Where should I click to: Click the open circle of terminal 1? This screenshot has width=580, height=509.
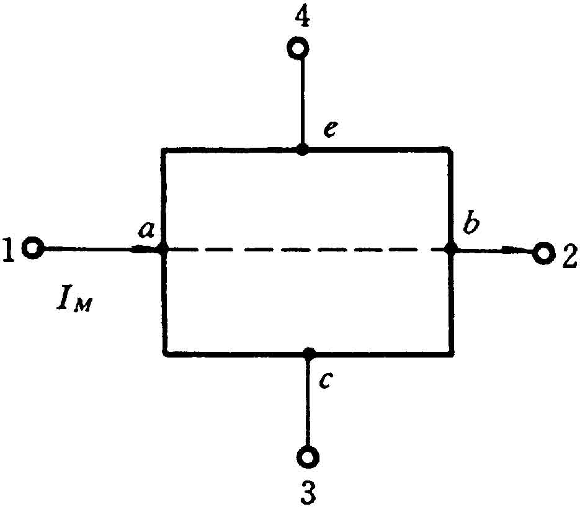tap(33, 248)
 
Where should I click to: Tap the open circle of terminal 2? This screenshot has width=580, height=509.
tap(544, 253)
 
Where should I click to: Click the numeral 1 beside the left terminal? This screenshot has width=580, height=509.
tap(9, 250)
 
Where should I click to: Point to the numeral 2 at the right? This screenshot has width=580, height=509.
tap(569, 255)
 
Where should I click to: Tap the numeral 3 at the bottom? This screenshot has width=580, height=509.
tap(308, 492)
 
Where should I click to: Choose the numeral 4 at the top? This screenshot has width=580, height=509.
tap(303, 16)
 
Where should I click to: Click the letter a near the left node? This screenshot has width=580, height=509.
tap(147, 229)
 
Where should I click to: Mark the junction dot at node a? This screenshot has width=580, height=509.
tap(163, 248)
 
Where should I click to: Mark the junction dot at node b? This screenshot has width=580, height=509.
tap(450, 248)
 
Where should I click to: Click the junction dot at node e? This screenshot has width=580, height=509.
tap(303, 149)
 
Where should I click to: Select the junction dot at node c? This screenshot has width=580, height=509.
tap(309, 353)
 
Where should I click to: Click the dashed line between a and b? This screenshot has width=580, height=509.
tap(306, 250)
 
